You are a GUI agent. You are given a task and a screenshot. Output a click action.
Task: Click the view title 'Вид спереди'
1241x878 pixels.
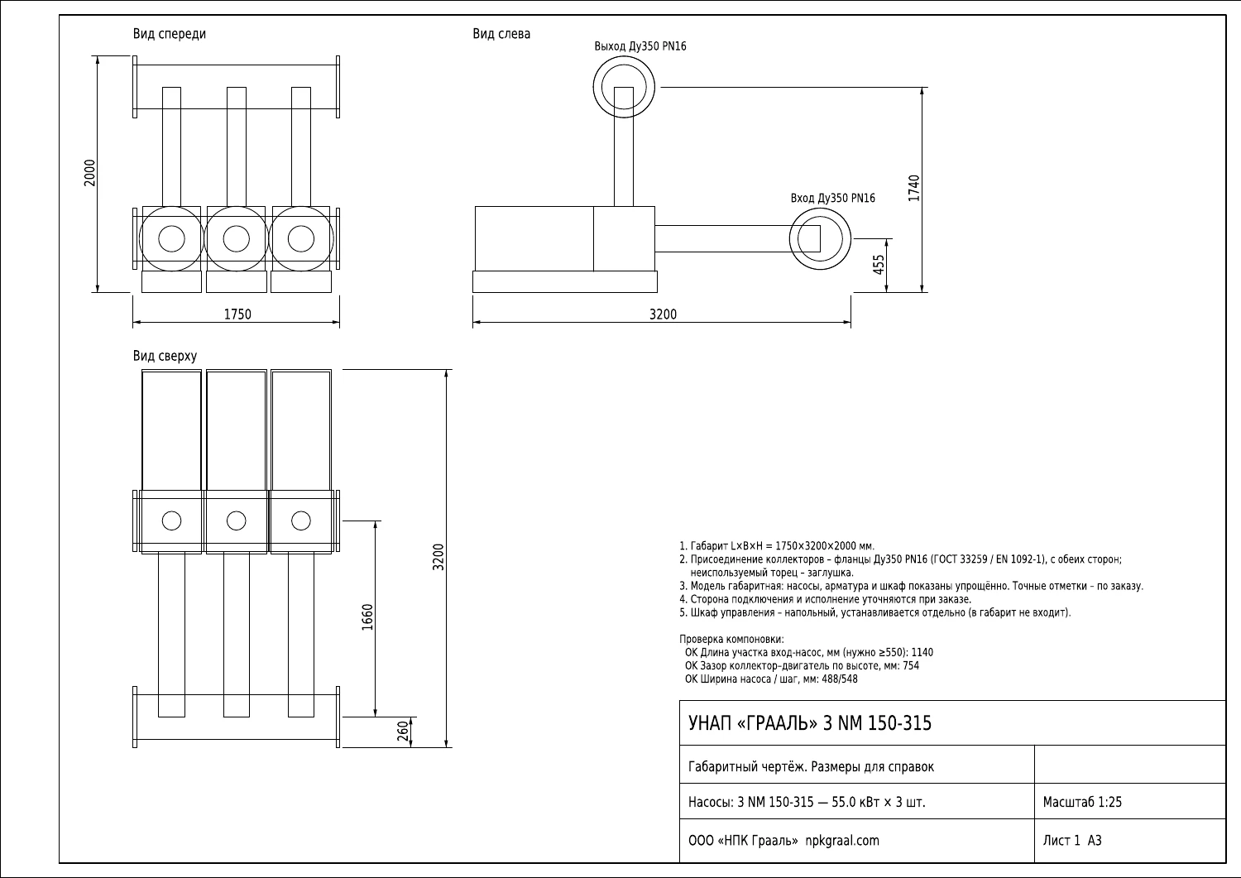click(x=169, y=35)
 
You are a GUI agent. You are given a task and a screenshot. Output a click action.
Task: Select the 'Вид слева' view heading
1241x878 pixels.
click(x=501, y=35)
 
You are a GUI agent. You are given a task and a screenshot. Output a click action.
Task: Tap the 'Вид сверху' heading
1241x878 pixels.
click(x=165, y=356)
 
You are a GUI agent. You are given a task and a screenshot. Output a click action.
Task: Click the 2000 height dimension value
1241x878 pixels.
click(x=89, y=173)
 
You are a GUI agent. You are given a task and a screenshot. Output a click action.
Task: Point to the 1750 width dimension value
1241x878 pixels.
click(x=237, y=314)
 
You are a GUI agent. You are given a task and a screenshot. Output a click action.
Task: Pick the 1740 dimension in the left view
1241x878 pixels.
click(x=914, y=189)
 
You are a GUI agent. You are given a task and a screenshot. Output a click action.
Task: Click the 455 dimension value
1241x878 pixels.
click(x=879, y=265)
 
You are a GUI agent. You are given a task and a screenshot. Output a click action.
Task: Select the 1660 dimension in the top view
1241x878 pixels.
click(x=367, y=617)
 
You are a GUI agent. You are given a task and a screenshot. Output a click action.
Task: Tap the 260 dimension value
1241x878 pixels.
click(x=403, y=731)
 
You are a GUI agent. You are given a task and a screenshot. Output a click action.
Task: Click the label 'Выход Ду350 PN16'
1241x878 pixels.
click(x=640, y=46)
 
